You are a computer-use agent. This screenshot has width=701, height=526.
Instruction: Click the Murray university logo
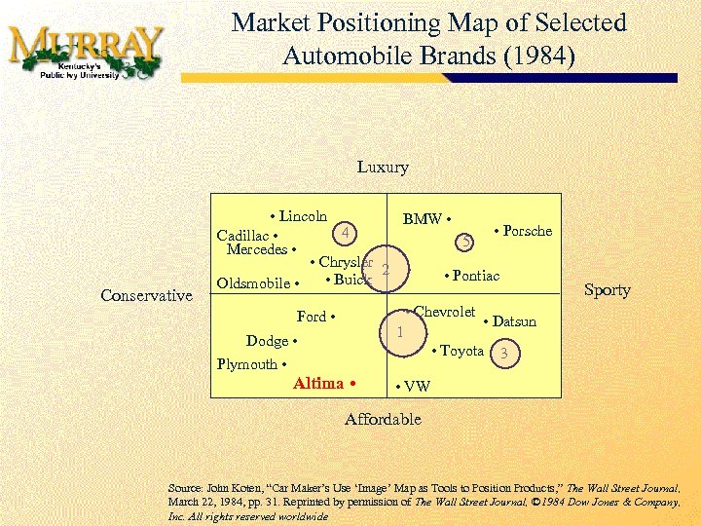tap(85, 52)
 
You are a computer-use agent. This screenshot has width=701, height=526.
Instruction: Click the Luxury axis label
tap(383, 168)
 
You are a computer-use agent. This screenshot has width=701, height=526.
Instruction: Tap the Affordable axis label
tap(383, 420)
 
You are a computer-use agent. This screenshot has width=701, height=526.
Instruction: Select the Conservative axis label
tap(147, 295)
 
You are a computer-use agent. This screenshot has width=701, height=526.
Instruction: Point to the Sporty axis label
tap(608, 290)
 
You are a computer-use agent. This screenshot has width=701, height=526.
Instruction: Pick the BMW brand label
tap(425, 219)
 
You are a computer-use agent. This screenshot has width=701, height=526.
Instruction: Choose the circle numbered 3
tap(504, 354)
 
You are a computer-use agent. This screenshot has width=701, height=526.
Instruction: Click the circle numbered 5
tap(467, 241)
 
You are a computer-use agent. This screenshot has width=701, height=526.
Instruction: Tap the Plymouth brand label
tap(250, 364)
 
